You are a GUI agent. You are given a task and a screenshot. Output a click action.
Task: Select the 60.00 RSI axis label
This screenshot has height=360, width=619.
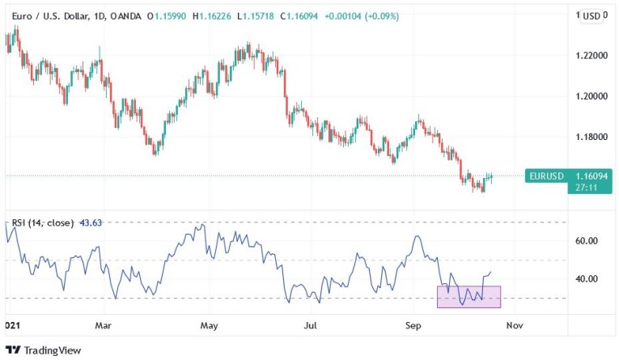tap(587, 241)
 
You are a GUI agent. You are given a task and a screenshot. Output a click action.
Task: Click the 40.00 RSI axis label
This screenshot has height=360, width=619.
tap(587, 279)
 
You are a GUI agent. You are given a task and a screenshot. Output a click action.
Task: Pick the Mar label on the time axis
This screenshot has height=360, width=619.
tap(103, 325)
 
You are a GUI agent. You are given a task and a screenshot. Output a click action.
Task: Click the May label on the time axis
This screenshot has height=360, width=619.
tap(209, 325)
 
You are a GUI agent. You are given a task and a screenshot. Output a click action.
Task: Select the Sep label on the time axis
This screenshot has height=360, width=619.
tap(413, 325)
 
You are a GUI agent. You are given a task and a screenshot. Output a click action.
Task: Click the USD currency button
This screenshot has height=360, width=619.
tap(591, 15)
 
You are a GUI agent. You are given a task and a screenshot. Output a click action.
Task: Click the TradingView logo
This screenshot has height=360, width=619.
tap(45, 350)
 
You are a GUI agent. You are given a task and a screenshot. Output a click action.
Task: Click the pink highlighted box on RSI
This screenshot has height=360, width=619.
tap(468, 297)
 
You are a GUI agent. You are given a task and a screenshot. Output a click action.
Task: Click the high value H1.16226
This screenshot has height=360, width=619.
tap(213, 16)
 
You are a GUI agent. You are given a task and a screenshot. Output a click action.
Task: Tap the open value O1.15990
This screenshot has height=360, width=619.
tap(167, 16)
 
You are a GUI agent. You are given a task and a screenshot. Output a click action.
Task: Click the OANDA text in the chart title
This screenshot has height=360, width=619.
tap(125, 16)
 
